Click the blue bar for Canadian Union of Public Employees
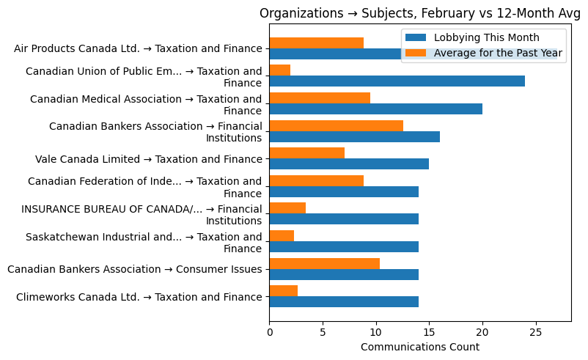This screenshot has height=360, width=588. pos(397,81)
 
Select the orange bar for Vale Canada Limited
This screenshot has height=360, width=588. pos(306,153)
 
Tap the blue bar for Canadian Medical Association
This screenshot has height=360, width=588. pos(375,109)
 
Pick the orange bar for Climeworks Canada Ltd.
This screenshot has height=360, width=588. pos(283,291)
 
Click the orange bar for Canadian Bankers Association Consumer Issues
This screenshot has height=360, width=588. pos(324,263)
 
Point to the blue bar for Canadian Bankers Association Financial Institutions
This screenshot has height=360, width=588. pos(354,136)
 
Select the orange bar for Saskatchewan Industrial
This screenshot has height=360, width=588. pos(282,236)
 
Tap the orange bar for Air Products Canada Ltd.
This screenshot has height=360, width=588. pos(316,43)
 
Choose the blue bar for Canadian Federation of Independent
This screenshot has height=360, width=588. pos(344,191)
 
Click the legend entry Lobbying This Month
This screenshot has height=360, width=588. pos(486,37)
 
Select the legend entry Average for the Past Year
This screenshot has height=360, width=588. pos(498,53)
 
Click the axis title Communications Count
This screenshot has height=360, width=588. pos(420,347)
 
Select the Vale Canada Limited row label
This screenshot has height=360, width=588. pos(148,159)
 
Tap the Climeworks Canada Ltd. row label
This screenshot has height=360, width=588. pos(139,297)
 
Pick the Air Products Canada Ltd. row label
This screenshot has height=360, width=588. pos(138,49)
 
